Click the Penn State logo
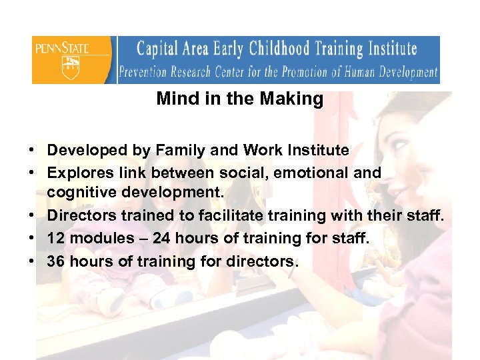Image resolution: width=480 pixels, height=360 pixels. pyautogui.click(x=73, y=59)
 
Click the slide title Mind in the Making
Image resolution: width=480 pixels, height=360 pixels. pyautogui.click(x=240, y=99)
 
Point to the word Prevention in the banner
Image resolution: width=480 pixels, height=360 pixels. pyautogui.click(x=148, y=72)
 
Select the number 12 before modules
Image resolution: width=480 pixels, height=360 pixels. pyautogui.click(x=56, y=237)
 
